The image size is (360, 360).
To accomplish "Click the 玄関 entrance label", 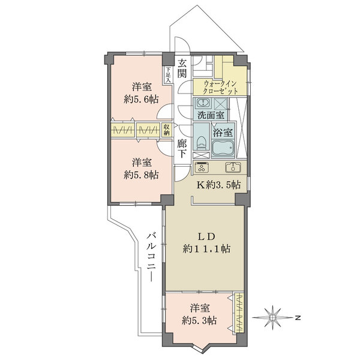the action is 182,68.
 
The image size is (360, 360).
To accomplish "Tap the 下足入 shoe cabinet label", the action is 168,75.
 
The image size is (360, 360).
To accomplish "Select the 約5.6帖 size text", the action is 141,100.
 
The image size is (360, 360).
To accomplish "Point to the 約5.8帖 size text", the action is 141,175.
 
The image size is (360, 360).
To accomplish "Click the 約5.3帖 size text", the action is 199,320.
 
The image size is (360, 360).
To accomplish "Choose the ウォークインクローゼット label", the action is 220,88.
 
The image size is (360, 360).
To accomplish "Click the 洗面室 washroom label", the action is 211,115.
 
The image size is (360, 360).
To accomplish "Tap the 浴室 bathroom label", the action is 223,133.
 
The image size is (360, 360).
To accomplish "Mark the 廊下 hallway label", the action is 182,149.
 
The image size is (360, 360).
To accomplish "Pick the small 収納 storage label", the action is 166,130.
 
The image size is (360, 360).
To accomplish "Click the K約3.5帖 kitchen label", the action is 218,184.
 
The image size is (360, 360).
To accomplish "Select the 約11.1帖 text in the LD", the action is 206,248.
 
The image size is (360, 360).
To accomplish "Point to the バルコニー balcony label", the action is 152,256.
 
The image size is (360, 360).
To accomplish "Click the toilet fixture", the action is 201,143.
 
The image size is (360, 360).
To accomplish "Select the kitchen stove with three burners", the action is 202,167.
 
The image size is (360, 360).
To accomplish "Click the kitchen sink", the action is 233,167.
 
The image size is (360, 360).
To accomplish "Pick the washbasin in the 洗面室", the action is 203,102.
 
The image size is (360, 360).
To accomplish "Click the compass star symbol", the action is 273,317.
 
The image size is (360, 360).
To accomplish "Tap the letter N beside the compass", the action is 298,318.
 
